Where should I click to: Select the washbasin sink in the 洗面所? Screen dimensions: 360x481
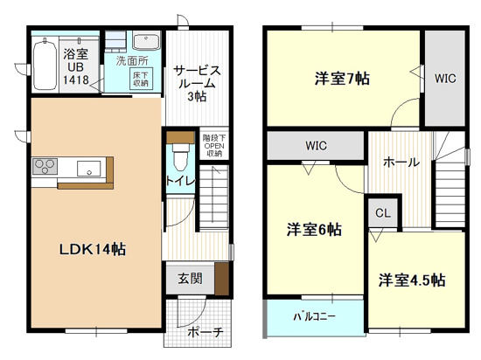click(144, 42)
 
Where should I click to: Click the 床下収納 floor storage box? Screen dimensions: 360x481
click(141, 80)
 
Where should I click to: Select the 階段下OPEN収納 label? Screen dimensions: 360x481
click(213, 145)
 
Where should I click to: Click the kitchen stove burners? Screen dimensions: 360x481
click(45, 166)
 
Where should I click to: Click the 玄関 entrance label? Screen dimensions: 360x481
click(190, 279)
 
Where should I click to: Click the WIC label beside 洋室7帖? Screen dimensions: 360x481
click(445, 78)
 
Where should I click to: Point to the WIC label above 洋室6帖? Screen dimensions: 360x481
click(316, 145)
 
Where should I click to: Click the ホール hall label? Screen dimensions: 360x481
click(401, 162)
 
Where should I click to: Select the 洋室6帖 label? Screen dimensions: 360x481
click(314, 230)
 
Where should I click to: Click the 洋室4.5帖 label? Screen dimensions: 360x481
click(412, 280)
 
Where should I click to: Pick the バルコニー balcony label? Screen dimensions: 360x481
click(314, 317)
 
